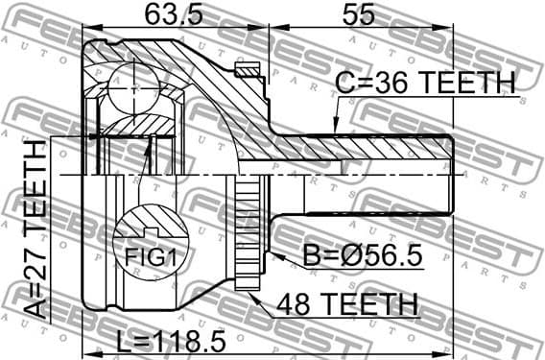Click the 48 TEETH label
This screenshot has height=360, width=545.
pyautogui.click(x=346, y=305)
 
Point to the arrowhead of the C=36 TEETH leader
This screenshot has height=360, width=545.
pyautogui.click(x=335, y=128)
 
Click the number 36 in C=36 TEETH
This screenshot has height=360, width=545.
pyautogui.click(x=384, y=84)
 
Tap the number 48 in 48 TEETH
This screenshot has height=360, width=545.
pyautogui.click(x=296, y=305)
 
